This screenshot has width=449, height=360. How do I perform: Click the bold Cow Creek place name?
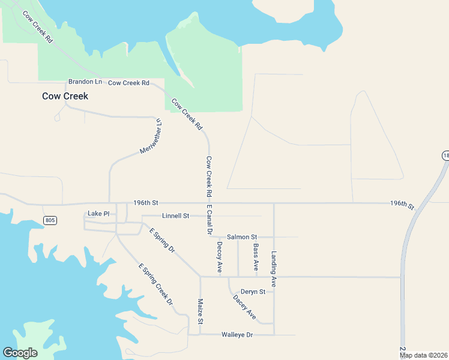pyautogui.click(x=65, y=96)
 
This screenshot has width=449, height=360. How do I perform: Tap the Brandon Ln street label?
pyautogui.click(x=85, y=82)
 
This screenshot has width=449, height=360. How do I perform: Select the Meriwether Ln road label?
pyautogui.click(x=151, y=136)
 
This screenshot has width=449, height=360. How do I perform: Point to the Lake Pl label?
pyautogui.click(x=98, y=214)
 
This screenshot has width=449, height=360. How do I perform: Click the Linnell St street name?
pyautogui.click(x=175, y=215)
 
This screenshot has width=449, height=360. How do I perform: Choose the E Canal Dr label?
pyautogui.click(x=209, y=220)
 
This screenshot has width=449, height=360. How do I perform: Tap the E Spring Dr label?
pyautogui.click(x=162, y=240)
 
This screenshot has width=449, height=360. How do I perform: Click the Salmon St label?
pyautogui.click(x=241, y=237)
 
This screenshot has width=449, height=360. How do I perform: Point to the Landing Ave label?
pyautogui.click(x=274, y=268)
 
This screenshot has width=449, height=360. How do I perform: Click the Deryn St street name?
pyautogui.click(x=253, y=292)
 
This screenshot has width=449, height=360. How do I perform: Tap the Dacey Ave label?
pyautogui.click(x=244, y=306)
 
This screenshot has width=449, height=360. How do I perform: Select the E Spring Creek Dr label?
pyautogui.click(x=155, y=284)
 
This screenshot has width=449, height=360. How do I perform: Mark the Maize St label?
pyautogui.click(x=200, y=312)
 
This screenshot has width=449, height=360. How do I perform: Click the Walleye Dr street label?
pyautogui.click(x=237, y=334)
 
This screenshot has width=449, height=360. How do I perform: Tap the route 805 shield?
pyautogui.click(x=50, y=221)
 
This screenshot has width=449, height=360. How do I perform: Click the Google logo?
pyautogui.click(x=20, y=353)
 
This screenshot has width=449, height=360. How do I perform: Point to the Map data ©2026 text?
pyautogui.click(x=423, y=355)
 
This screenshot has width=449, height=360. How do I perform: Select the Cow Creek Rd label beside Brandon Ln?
pyautogui.click(x=128, y=83)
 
